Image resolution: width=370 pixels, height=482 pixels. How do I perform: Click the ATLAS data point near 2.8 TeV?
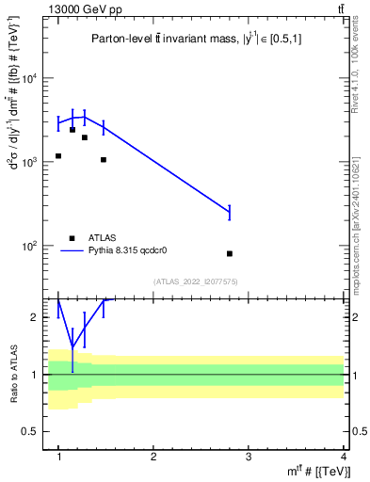(230, 253)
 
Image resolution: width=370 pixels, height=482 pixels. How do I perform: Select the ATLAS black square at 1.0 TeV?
(58, 156)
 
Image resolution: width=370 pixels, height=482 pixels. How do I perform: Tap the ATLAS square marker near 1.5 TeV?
(104, 160)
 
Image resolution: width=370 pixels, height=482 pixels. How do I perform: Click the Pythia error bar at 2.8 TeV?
(230, 213)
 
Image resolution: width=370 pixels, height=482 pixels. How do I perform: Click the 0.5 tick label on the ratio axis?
(34, 431)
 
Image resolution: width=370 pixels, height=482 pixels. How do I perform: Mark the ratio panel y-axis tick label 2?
(39, 317)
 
